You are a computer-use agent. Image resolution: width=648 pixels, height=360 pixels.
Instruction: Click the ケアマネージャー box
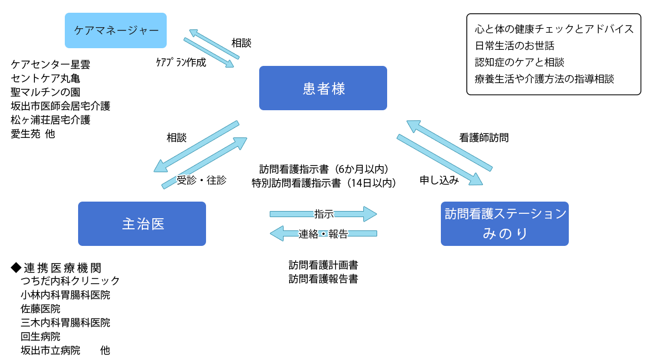[116, 30]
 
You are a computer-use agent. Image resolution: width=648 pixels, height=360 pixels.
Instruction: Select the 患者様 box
[323, 88]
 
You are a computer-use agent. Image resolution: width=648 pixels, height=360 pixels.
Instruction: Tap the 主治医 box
[142, 224]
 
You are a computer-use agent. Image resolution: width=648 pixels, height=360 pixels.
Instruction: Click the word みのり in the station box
[505, 234]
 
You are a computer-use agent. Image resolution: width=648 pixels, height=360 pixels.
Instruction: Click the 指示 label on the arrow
[323, 214]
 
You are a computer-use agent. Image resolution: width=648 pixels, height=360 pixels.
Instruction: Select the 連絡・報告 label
[323, 234]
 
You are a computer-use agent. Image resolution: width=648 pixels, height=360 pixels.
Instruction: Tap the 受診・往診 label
[202, 180]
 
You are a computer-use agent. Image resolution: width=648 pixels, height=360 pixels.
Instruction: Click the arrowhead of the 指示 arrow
[371, 214]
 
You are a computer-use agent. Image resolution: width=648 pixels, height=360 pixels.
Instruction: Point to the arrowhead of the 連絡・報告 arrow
[276, 234]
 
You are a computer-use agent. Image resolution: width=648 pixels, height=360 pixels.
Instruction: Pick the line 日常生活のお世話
[515, 45]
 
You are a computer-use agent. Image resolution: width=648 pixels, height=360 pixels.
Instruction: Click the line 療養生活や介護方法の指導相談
[544, 79]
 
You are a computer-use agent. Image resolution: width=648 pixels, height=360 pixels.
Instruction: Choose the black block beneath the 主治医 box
[66, 308]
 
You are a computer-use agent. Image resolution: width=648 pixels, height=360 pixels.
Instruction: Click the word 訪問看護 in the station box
[470, 214]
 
